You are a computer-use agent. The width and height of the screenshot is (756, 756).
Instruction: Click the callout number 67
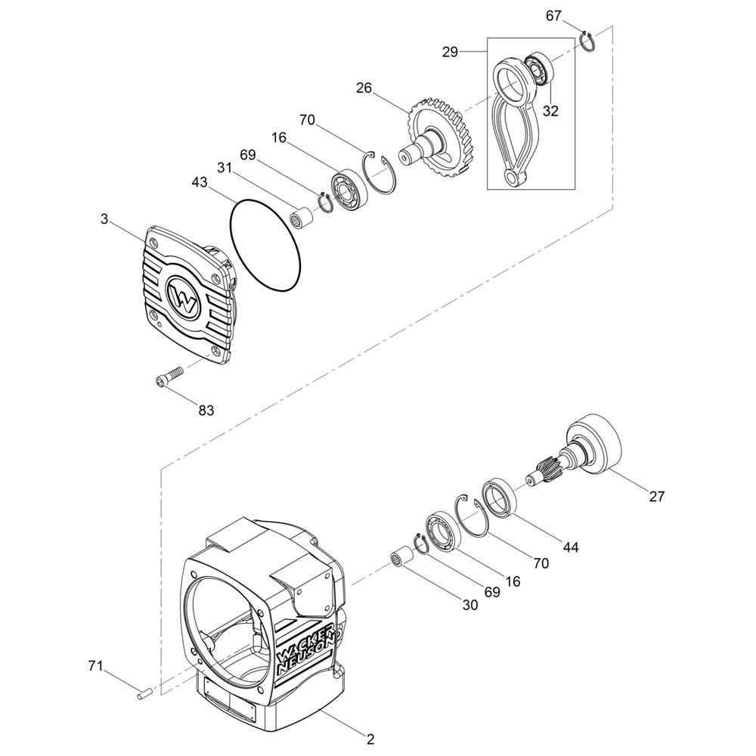tap(553, 16)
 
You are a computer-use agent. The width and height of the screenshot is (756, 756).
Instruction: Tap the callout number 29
tap(450, 51)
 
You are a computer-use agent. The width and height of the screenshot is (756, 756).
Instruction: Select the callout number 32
tap(550, 111)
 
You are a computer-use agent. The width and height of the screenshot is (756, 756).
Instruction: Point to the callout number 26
tap(364, 88)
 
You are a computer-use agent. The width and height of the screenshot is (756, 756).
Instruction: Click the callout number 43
tap(199, 182)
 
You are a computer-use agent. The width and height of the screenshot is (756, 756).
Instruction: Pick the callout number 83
tap(206, 411)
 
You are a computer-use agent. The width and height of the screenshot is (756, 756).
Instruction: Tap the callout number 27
tap(657, 496)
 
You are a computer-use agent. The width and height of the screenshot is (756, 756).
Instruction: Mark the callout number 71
tap(95, 666)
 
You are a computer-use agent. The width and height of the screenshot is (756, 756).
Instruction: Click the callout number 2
tap(370, 739)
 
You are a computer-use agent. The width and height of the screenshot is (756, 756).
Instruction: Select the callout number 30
tap(470, 605)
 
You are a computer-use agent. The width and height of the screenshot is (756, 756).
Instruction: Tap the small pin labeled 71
tap(144, 693)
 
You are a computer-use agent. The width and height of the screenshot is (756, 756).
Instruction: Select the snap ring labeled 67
tap(587, 41)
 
